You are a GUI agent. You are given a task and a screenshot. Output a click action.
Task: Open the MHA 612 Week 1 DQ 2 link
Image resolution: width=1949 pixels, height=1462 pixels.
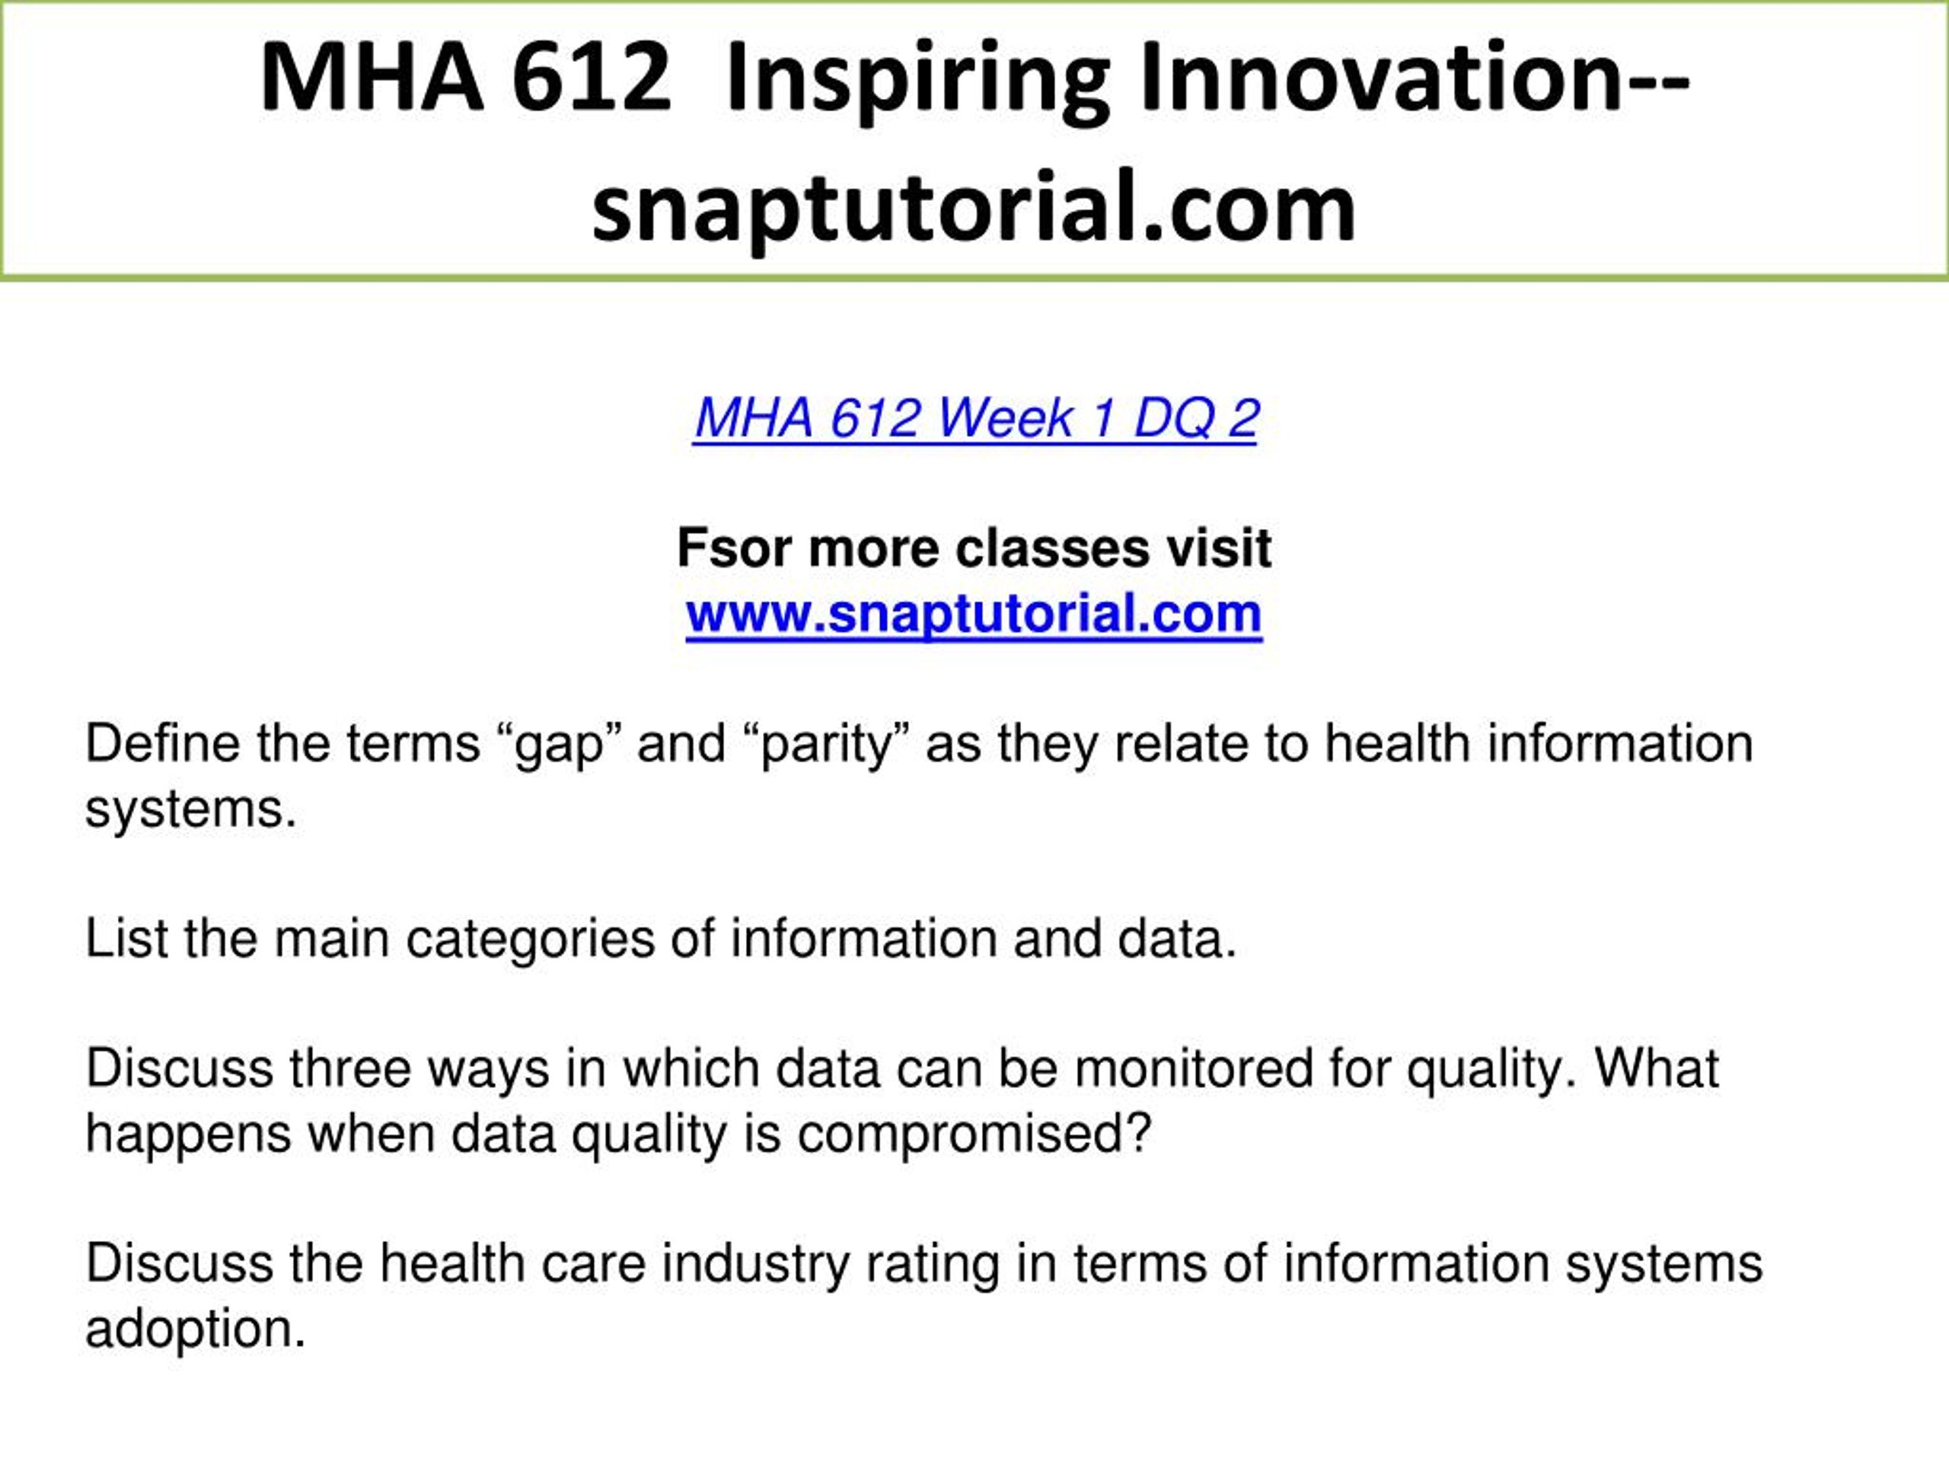(975, 418)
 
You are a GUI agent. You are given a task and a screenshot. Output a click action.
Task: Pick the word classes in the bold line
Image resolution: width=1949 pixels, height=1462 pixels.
(1052, 548)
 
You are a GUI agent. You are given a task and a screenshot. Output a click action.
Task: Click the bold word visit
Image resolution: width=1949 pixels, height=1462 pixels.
(1219, 548)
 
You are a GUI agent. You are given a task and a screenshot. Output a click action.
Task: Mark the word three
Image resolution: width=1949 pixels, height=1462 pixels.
(351, 1068)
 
